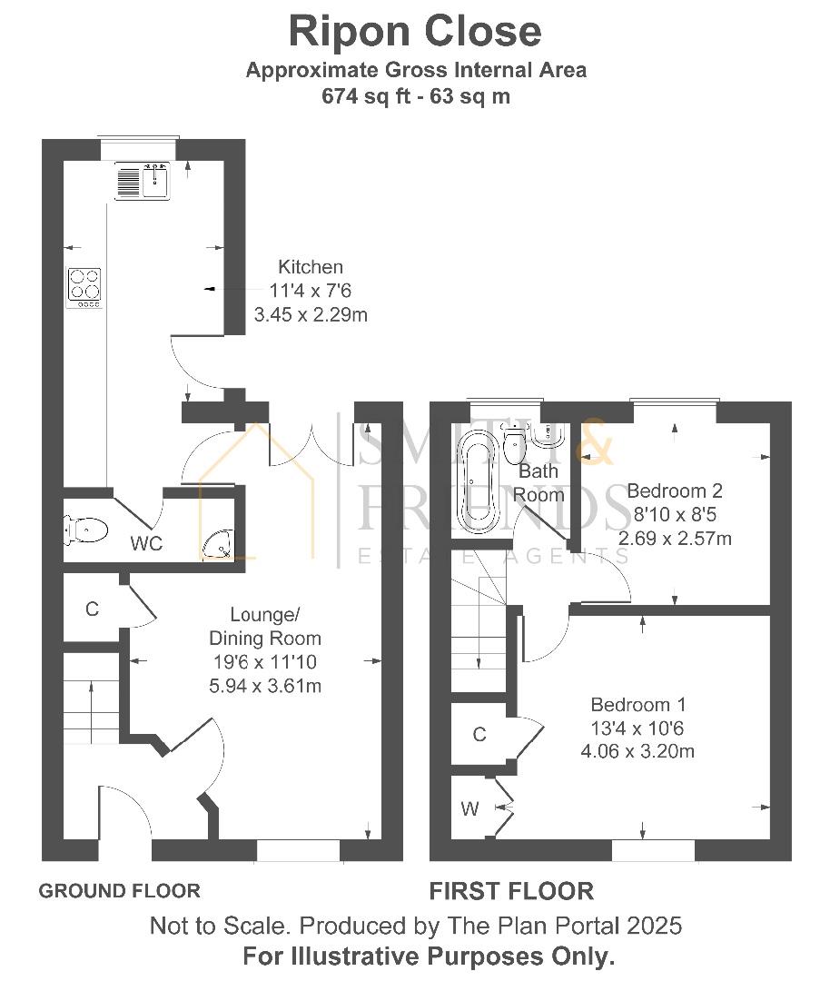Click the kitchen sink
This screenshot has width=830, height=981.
pos(142,180)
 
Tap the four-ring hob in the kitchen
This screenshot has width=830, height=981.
pos(85,287)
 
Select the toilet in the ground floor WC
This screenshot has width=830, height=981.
pos(85,530)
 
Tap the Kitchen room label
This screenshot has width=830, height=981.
pos(311,267)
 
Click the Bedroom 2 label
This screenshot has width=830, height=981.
pos(675,490)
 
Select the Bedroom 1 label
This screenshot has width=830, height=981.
pos(638,705)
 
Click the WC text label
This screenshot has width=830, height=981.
pos(146,544)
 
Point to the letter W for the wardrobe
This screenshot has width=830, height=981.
pos(469,809)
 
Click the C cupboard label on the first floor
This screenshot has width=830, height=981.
pos(479,734)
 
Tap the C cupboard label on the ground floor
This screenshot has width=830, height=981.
pos(92,609)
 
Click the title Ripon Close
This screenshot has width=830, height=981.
pos(415,31)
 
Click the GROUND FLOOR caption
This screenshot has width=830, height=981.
pos(120,890)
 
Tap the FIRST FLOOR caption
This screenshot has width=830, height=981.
pos(511,891)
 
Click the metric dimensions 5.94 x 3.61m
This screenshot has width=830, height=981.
pos(265,686)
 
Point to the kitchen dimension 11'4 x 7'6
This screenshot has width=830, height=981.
pos(311,291)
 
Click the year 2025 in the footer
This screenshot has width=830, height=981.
pos(654,926)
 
